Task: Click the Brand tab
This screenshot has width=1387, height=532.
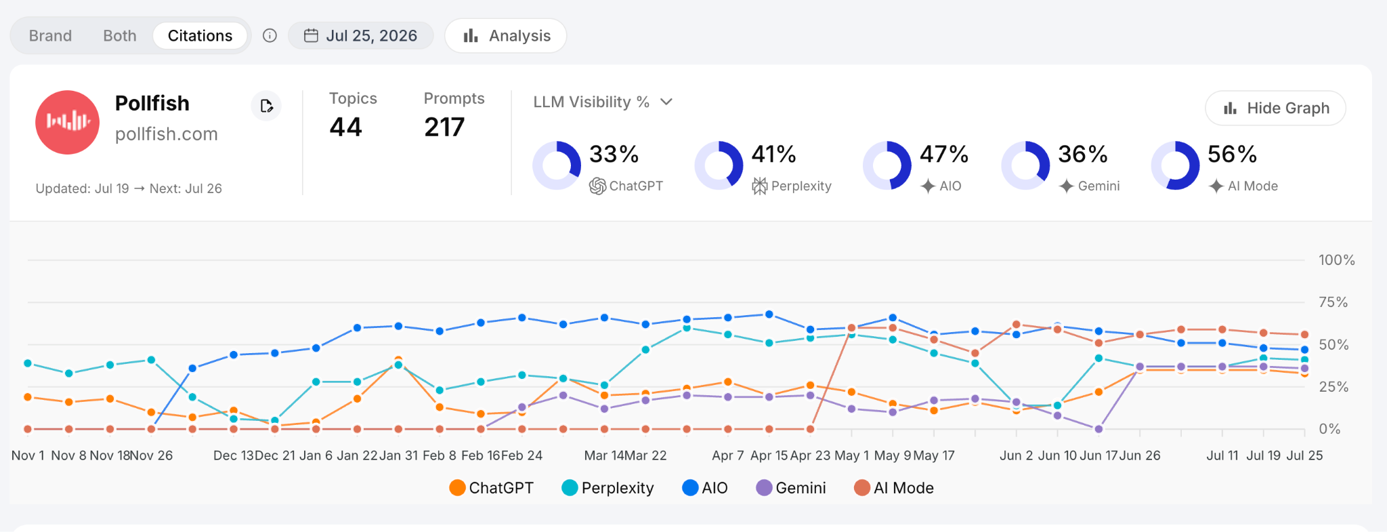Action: click(50, 36)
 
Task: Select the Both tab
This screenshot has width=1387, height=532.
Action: click(120, 36)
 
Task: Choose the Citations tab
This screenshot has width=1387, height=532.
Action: click(200, 36)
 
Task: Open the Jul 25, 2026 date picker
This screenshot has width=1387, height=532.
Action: click(360, 36)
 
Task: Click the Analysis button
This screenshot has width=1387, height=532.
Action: click(506, 36)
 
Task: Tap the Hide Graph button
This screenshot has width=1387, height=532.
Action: click(1275, 108)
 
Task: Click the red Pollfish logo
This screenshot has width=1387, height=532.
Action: click(68, 123)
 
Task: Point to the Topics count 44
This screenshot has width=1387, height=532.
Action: click(346, 127)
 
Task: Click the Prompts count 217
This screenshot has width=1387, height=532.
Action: click(444, 127)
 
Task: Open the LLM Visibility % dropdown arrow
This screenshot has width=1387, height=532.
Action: click(666, 102)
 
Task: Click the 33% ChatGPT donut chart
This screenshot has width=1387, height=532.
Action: click(557, 165)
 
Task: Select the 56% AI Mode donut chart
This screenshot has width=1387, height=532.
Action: click(1176, 165)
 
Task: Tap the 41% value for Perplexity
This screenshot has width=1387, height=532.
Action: click(773, 155)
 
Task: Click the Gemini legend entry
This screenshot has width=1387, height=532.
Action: click(791, 488)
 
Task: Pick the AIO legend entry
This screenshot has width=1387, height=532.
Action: click(705, 488)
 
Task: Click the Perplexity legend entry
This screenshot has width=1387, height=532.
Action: click(607, 488)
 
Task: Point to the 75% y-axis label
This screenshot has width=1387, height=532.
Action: click(1333, 302)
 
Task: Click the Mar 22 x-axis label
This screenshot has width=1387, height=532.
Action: click(645, 455)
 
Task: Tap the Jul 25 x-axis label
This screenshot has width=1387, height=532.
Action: click(1304, 455)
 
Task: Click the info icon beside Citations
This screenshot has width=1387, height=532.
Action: click(270, 36)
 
